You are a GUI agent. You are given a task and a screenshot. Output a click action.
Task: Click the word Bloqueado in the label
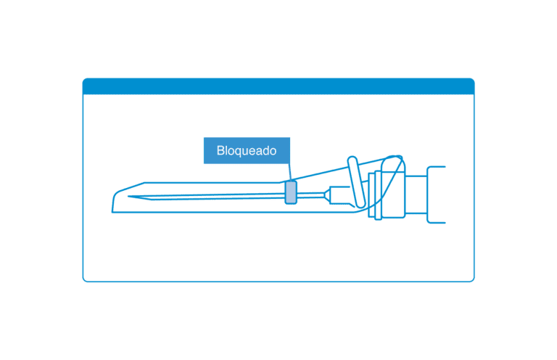246,151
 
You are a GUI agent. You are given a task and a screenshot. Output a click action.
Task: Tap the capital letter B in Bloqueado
220,150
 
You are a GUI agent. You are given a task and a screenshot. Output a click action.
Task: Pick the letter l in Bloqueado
226,150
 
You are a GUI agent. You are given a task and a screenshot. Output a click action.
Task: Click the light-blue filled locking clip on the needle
291,192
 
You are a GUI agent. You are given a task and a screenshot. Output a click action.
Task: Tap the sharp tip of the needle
128,196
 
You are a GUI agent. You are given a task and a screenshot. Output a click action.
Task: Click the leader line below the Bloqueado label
290,172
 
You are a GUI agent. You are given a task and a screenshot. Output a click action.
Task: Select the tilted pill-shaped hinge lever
356,181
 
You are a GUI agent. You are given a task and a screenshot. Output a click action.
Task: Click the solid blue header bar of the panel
278,86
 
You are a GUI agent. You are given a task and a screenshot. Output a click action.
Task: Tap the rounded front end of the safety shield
115,202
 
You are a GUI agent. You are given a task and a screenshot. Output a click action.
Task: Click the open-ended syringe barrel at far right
436,195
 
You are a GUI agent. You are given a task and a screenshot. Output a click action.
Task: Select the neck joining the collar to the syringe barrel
416,195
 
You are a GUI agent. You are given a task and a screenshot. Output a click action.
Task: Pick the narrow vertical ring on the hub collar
378,195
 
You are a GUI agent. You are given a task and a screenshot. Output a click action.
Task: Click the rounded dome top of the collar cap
392,162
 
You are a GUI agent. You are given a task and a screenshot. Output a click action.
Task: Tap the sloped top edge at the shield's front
131,187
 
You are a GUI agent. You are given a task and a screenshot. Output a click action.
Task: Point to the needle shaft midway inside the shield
207,196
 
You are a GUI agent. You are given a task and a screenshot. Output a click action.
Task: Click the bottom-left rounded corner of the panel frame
86,279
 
